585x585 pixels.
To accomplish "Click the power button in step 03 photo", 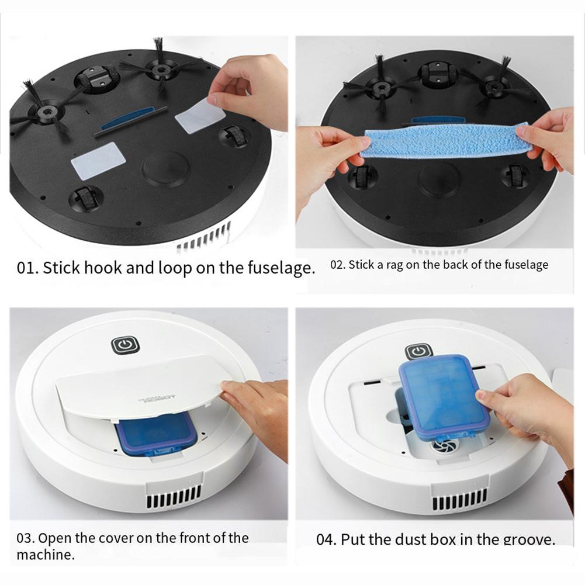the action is tap(126, 345).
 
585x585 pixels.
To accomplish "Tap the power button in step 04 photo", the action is tap(418, 352).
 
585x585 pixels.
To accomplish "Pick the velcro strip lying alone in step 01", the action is tap(98, 161).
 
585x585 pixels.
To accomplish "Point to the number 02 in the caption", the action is tap(337, 265).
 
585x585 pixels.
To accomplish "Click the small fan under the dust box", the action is tap(442, 446).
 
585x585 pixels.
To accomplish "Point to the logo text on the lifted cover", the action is tap(157, 399).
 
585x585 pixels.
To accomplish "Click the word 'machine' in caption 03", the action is tap(45, 555).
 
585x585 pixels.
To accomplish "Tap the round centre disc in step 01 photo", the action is tap(165, 169).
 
